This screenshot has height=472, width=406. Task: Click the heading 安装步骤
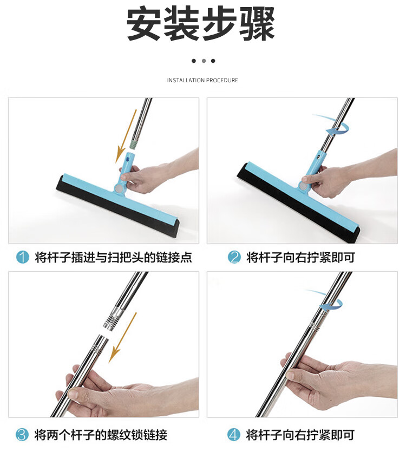200,24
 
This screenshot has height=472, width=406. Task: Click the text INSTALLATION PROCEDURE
202,80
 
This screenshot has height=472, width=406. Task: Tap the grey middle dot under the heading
204,61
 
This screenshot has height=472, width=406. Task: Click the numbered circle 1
23,257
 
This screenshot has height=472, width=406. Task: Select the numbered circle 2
234,257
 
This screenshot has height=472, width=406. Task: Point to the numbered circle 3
22,435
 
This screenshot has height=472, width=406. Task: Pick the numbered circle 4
233,435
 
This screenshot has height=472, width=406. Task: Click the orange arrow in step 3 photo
123,337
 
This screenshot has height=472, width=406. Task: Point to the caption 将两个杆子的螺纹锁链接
101,435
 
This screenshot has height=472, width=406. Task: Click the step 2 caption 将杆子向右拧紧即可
301,257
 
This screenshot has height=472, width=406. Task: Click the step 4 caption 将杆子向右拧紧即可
300,435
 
